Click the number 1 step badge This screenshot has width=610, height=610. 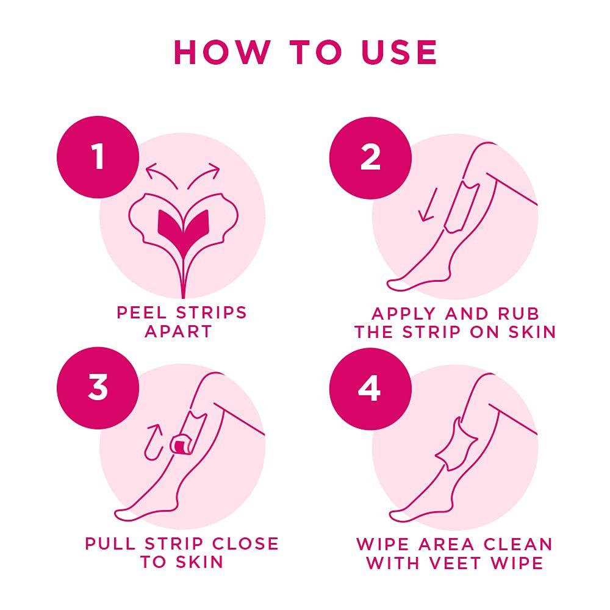98,157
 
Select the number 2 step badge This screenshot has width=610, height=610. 370,157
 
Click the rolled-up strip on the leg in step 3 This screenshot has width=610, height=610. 181,443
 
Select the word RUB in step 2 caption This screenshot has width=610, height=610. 516,314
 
